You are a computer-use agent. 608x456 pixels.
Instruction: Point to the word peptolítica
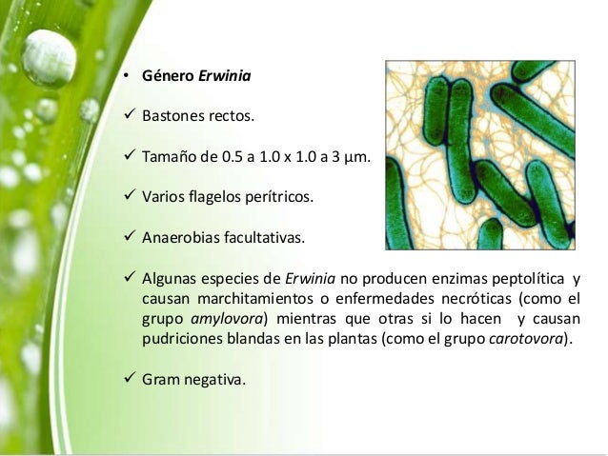pos(523,278)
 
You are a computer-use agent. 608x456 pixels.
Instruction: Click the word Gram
pos(160,381)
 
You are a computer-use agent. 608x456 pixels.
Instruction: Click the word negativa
pos(214,381)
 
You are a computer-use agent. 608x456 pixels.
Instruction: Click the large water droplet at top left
pos(49,59)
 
